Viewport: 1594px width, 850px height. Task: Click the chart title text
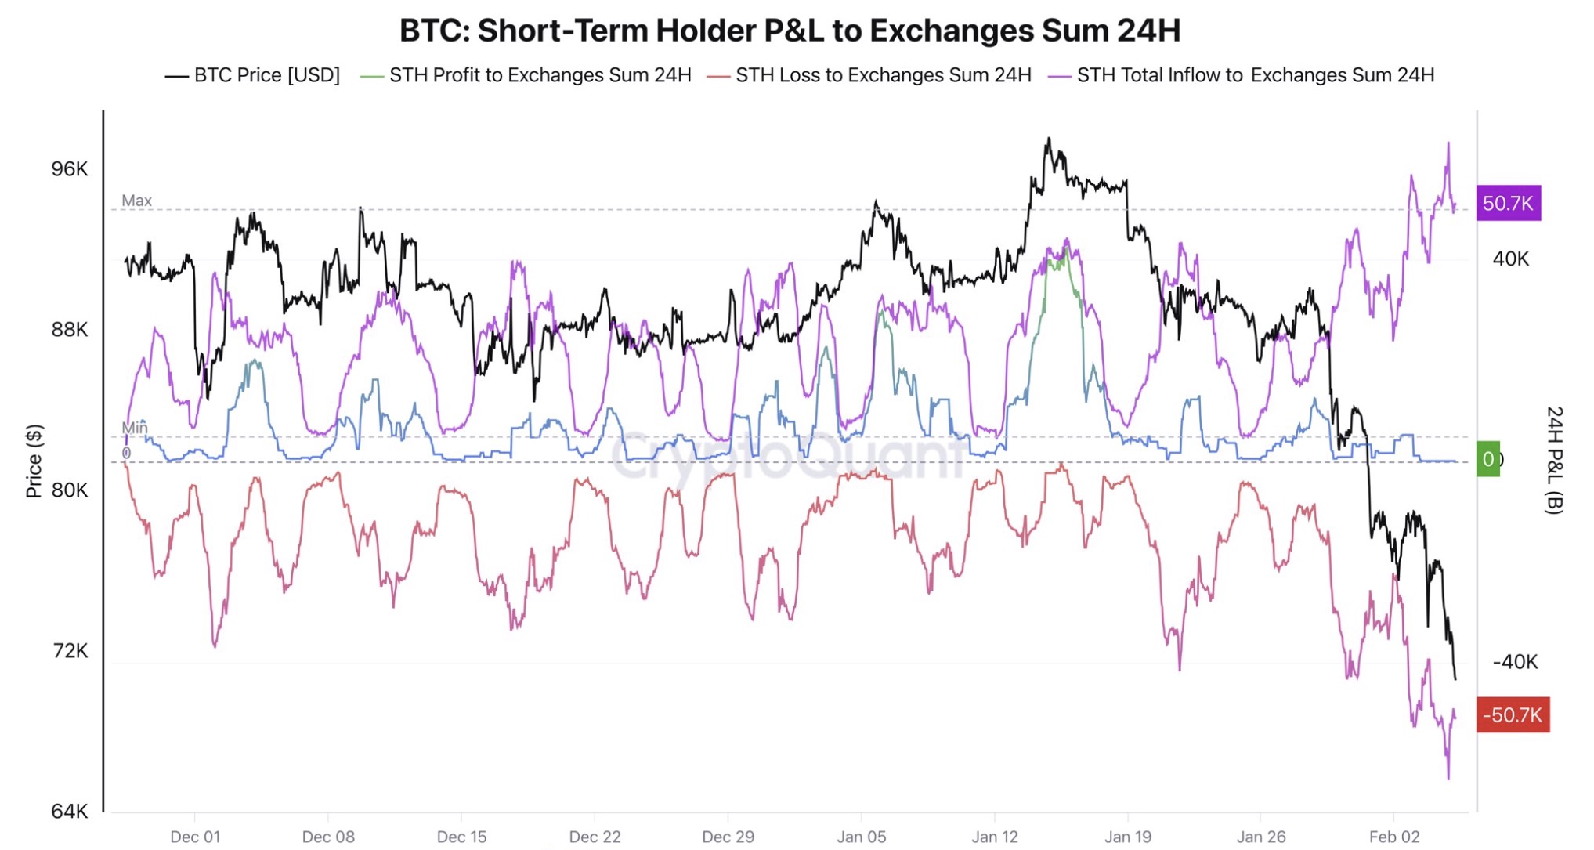coord(789,31)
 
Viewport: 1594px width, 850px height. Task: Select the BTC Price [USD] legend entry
coord(253,75)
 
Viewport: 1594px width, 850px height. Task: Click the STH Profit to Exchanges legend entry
coord(526,75)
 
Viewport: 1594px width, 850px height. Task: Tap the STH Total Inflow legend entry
coord(1242,75)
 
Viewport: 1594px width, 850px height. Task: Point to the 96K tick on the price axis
coord(70,169)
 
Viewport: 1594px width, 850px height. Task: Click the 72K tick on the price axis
coord(70,651)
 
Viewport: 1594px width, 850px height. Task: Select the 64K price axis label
coord(70,811)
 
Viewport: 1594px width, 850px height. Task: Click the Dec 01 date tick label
coord(195,837)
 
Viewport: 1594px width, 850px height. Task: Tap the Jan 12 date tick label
coord(995,837)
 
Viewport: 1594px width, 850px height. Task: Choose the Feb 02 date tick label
coord(1394,837)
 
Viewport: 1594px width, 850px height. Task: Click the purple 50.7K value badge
coord(1508,204)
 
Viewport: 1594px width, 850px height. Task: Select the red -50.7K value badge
coord(1512,714)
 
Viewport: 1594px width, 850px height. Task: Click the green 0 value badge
coord(1487,459)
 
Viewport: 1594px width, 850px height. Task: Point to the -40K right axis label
coord(1515,662)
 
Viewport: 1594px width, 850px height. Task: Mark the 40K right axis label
coord(1510,259)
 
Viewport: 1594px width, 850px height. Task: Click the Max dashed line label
coord(136,201)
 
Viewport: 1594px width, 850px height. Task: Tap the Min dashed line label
coord(134,427)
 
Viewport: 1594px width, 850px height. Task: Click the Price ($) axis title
coord(34,461)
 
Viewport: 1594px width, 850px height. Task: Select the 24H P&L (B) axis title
coord(1553,460)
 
